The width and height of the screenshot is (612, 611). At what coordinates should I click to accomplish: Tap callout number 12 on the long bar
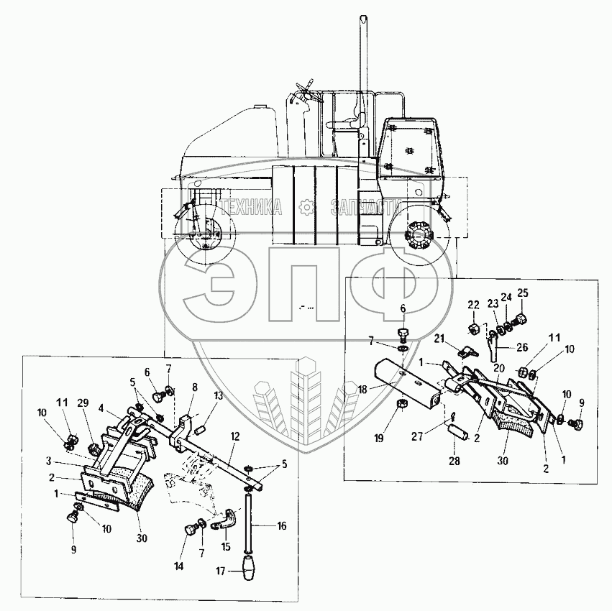tap(235, 436)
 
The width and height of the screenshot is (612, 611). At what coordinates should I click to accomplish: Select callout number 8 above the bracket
tap(194, 387)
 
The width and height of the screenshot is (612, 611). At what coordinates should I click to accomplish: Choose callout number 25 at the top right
tap(522, 293)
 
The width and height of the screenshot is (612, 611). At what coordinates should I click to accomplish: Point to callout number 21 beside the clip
tap(439, 339)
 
